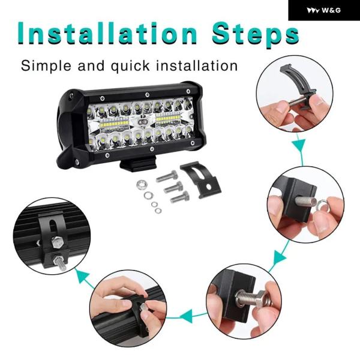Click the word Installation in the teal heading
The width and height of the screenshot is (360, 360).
click(107, 34)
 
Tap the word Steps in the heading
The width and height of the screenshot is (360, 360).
click(256, 35)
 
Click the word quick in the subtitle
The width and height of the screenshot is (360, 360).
click(130, 67)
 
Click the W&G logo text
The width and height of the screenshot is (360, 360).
click(331, 10)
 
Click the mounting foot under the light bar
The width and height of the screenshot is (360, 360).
click(138, 163)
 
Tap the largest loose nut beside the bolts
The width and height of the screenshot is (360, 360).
click(142, 185)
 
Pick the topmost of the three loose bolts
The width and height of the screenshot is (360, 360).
click(167, 176)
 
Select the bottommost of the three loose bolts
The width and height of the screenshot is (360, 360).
click(180, 197)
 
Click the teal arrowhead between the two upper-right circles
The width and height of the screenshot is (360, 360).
click(299, 145)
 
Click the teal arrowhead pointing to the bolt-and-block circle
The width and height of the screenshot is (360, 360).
click(280, 258)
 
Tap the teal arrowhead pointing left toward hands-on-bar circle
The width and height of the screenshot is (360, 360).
click(186, 316)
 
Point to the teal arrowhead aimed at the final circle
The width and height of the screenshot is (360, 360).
click(82, 276)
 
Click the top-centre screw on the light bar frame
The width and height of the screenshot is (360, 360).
click(147, 94)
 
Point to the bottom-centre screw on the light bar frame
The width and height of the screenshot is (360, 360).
click(151, 149)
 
